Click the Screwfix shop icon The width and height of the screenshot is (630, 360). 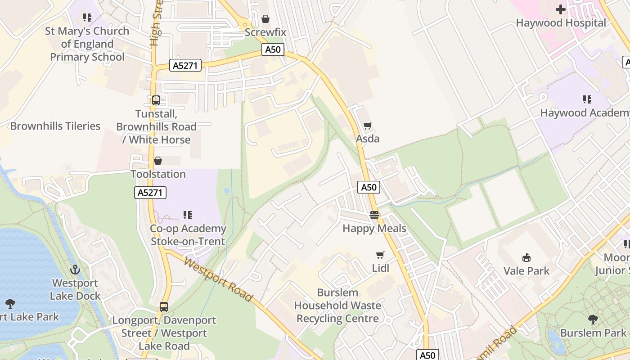[265, 19]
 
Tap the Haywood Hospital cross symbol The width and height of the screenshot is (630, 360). [560, 9]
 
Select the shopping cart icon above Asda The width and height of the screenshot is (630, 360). [368, 126]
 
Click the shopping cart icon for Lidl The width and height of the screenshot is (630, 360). [380, 255]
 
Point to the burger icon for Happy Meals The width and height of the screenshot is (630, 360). [374, 215]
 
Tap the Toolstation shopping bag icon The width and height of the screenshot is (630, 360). [158, 161]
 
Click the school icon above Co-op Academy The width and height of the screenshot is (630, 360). [188, 215]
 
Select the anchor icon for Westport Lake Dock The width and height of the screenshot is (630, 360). [75, 270]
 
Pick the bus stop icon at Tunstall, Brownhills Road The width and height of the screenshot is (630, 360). [156, 100]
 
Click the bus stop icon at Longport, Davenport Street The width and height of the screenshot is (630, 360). [164, 307]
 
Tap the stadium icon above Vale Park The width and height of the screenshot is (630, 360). [526, 257]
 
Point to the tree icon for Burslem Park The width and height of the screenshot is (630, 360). [593, 319]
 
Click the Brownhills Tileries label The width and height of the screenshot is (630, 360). [55, 126]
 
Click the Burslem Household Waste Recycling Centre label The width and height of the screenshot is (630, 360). [337, 306]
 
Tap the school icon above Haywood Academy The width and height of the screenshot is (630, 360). [587, 99]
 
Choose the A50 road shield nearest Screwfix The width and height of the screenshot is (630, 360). [273, 49]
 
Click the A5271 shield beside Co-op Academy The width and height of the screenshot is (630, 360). [150, 193]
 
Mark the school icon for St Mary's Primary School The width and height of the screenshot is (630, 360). [87, 18]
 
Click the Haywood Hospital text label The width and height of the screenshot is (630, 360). [561, 23]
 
